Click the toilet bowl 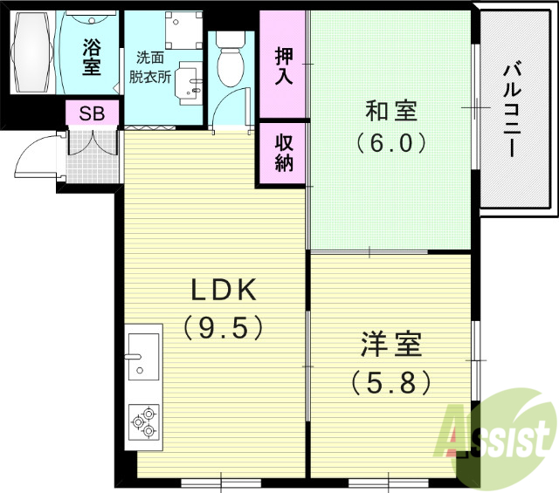tap(231, 62)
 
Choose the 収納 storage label tap(284, 152)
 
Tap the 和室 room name tap(390, 112)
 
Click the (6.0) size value tap(390, 141)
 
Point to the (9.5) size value tap(223, 327)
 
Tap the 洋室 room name tap(390, 345)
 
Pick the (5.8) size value tap(390, 381)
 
